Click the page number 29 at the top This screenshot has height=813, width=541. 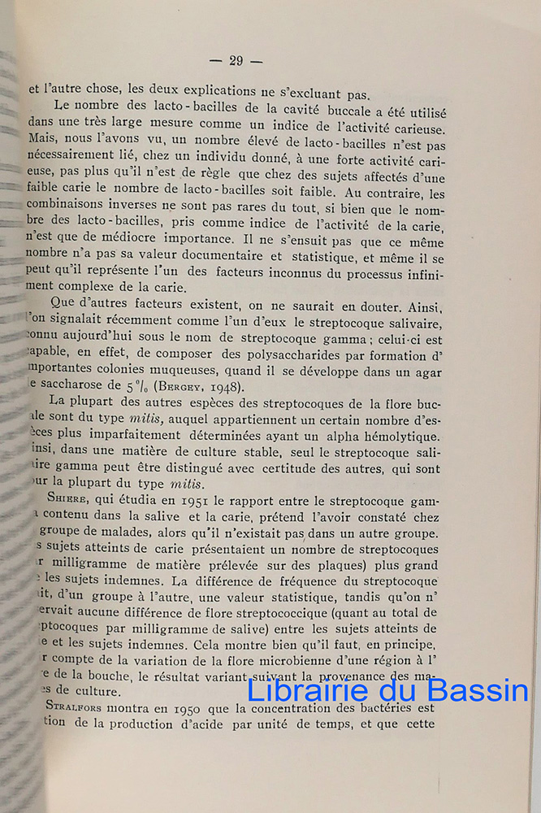click(236, 60)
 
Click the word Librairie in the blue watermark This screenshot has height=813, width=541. click(301, 691)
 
